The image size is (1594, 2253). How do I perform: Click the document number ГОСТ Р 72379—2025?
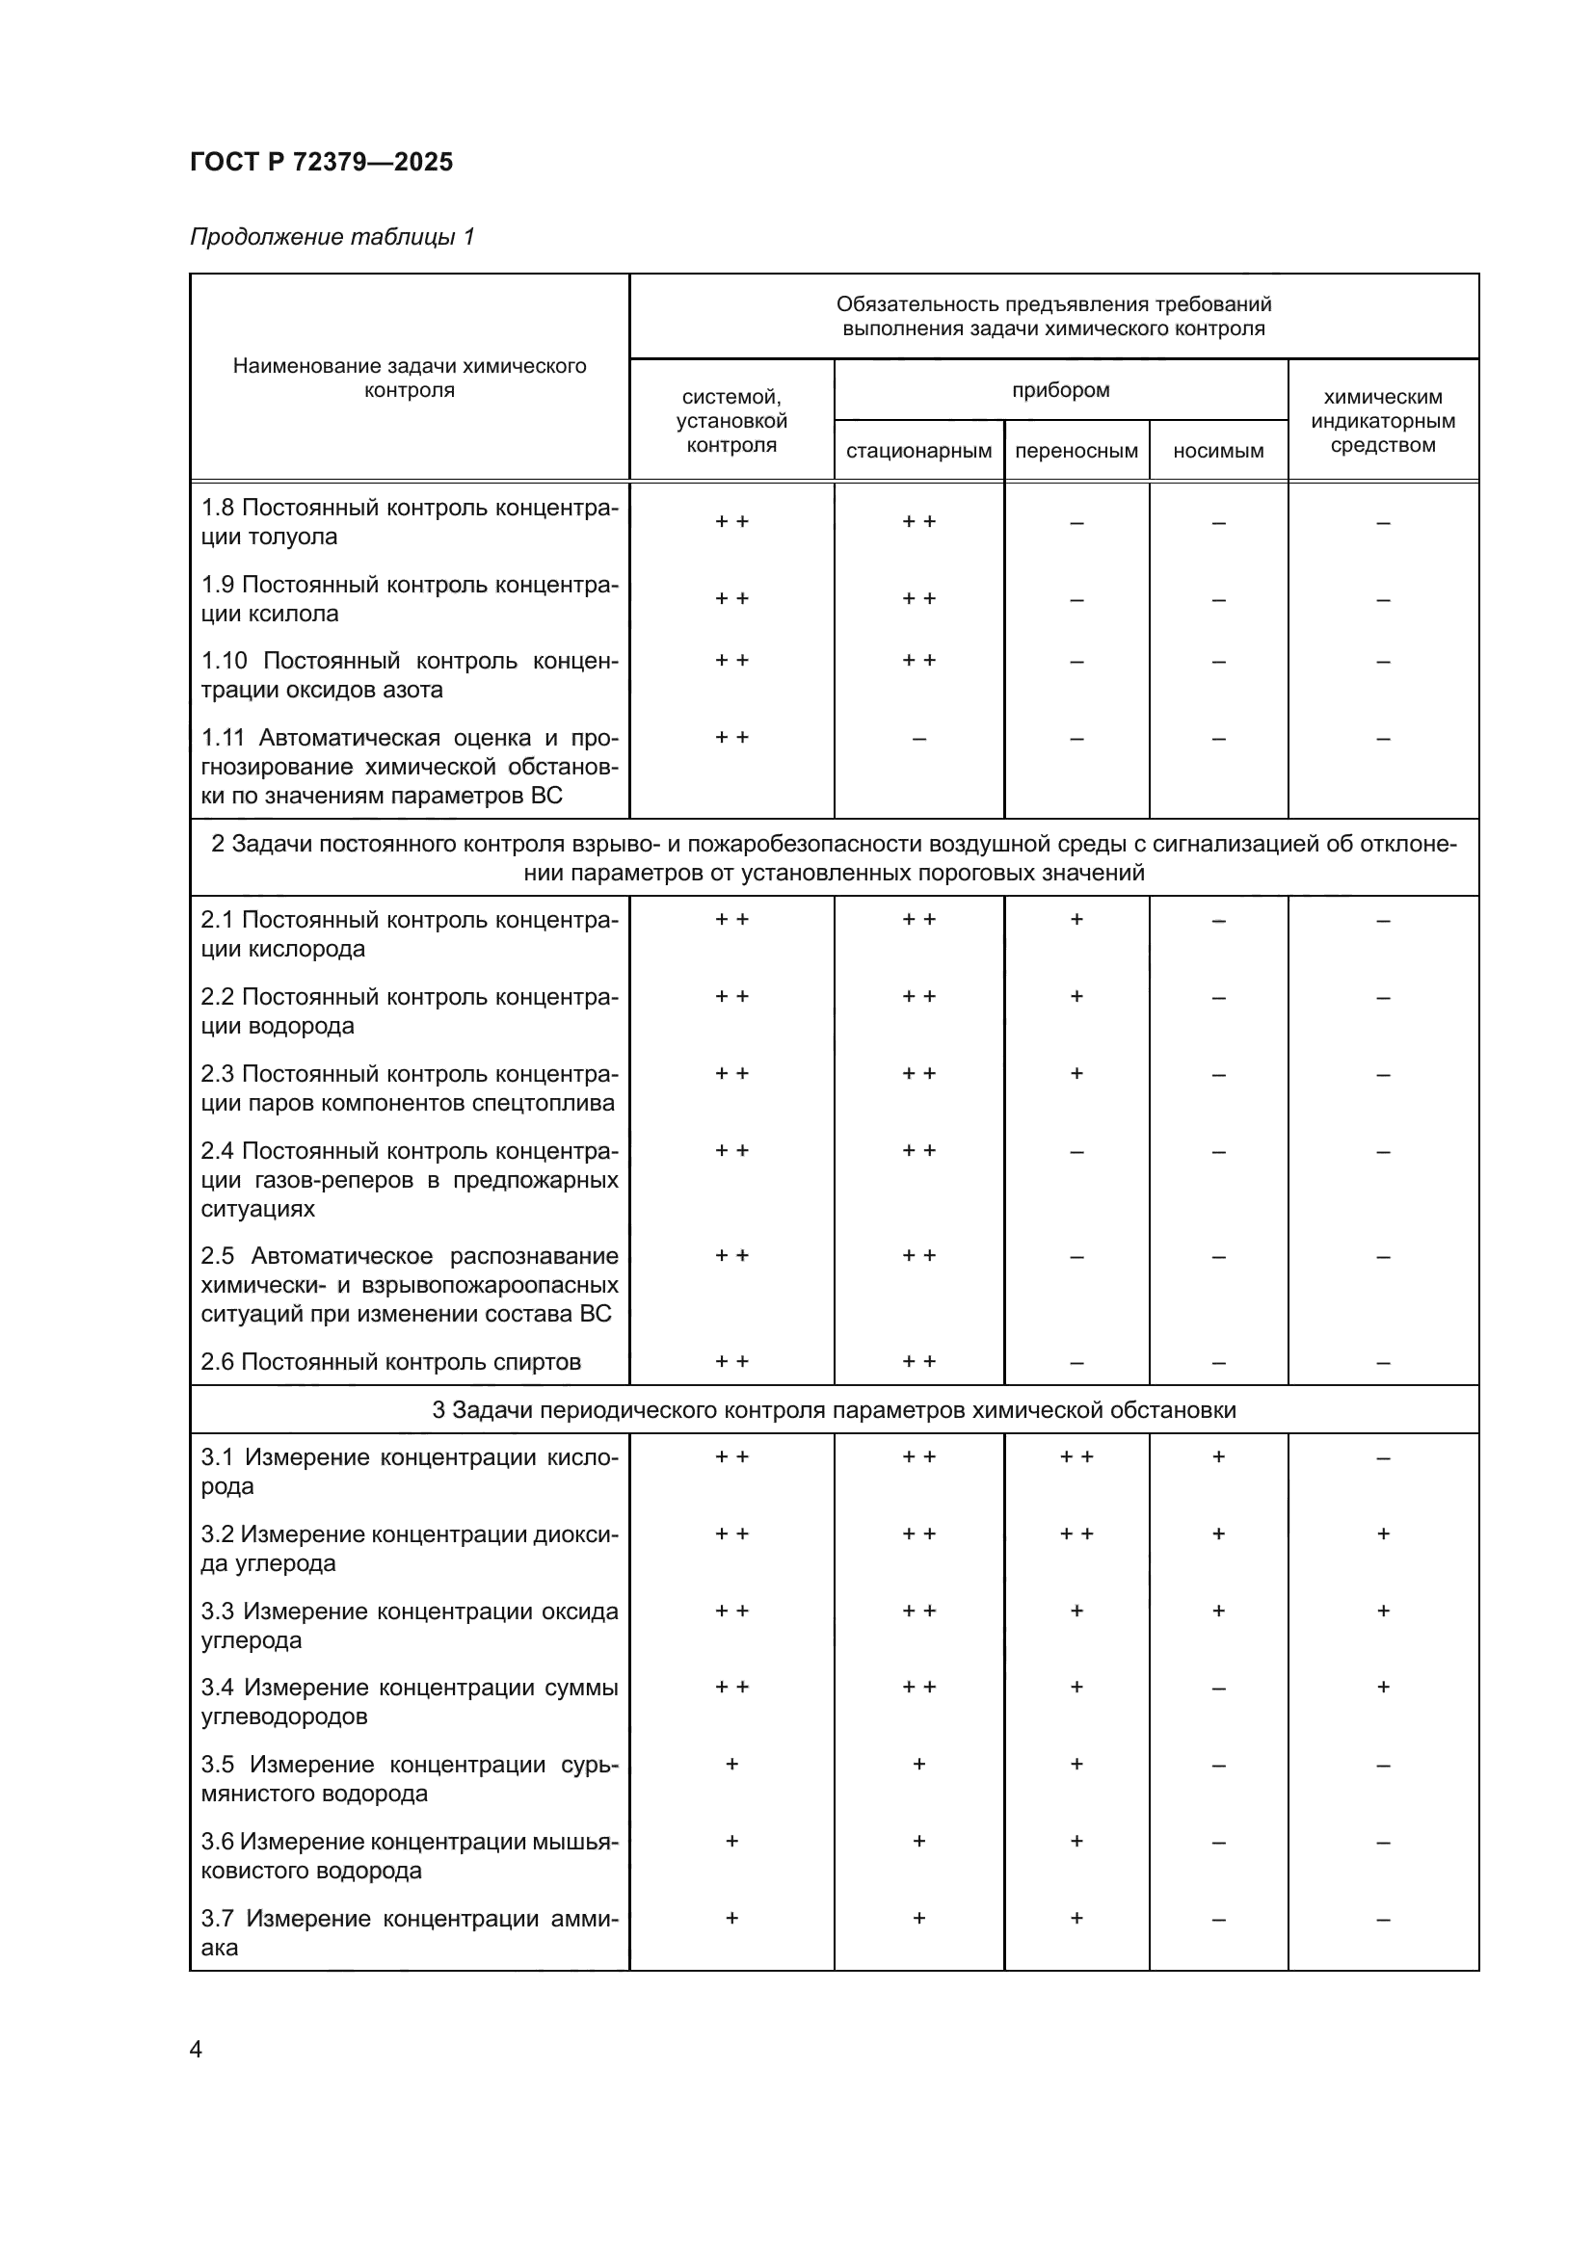click(321, 162)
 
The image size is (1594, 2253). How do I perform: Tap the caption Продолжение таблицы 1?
click(332, 237)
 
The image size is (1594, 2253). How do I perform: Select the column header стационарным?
click(918, 452)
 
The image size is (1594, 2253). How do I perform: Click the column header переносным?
click(1076, 452)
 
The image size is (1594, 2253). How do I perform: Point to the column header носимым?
click(1218, 452)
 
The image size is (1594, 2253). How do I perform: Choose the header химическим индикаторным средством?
click(1382, 421)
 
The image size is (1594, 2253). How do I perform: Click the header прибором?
click(1060, 389)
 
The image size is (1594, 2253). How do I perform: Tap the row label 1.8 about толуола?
click(410, 522)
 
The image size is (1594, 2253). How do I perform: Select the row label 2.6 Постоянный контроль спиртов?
click(390, 1362)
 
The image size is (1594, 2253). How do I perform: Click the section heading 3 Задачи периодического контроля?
click(834, 1410)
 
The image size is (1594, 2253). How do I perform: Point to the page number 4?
click(196, 2049)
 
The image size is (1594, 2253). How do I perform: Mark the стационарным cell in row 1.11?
click(918, 739)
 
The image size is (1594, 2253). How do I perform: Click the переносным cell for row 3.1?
click(1076, 1458)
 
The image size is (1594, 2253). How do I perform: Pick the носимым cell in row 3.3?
click(1218, 1611)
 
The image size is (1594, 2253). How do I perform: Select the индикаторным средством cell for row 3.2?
click(1382, 1534)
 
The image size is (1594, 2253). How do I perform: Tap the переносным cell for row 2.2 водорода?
click(1076, 997)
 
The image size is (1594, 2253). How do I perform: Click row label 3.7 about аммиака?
click(410, 1932)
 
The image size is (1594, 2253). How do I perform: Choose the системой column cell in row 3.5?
click(731, 1765)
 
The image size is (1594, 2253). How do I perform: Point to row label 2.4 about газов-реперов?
click(410, 1180)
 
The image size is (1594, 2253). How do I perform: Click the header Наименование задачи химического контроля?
click(410, 378)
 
